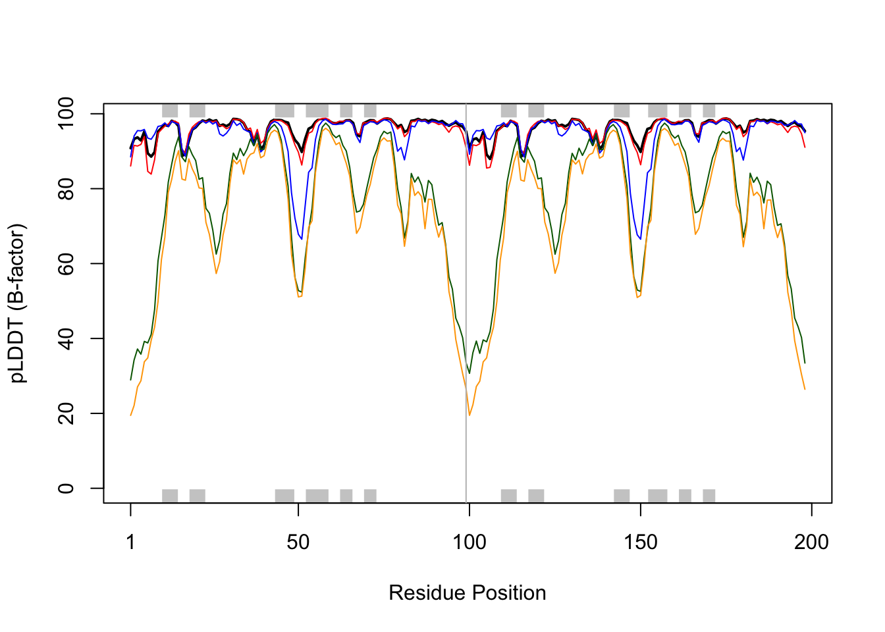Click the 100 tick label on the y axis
66,114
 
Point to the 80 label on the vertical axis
66,189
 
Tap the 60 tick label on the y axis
66,263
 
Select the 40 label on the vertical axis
66,338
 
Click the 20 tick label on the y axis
66,413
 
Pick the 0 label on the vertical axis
66,488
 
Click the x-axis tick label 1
130,542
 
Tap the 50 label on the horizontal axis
298,542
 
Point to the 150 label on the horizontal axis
640,542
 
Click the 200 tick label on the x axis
811,542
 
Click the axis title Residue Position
467,592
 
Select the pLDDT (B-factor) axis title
18,303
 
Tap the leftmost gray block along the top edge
170,110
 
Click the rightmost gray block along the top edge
709,110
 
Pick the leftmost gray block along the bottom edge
170,496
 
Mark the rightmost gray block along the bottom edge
709,496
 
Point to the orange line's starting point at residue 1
130,415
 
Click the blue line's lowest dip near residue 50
302,239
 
